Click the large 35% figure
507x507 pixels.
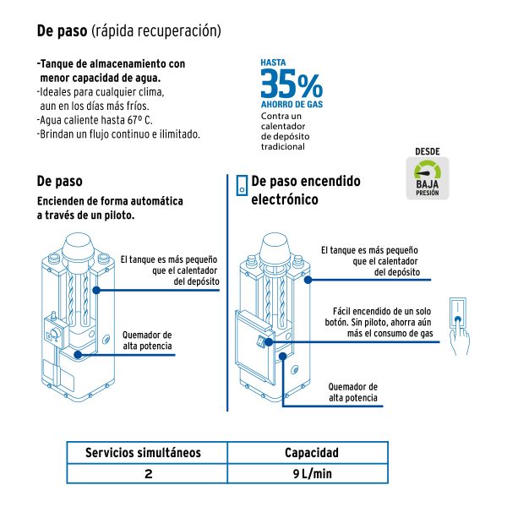tap(290, 84)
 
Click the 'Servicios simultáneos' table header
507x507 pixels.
tap(144, 453)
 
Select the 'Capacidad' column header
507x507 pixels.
tap(310, 453)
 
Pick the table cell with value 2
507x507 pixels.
tap(148, 474)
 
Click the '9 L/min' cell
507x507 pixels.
tap(313, 474)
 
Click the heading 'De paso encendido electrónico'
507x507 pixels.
tap(305, 190)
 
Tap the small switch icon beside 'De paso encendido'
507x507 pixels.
tap(242, 185)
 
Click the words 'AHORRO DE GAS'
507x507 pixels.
tap(292, 105)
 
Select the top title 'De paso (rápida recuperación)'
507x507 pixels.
tap(128, 31)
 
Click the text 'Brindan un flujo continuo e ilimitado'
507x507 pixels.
tap(118, 134)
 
